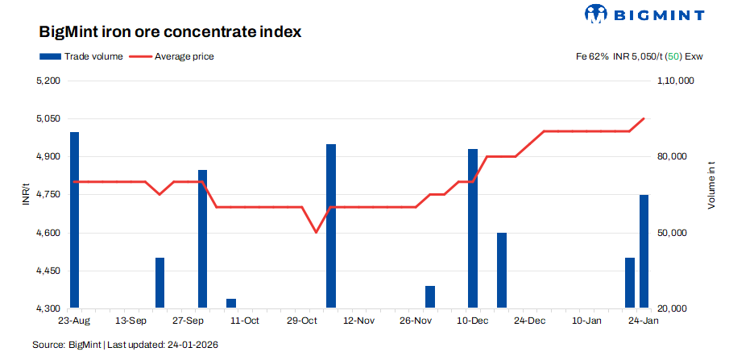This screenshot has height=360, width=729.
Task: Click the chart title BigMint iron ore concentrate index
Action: pyautogui.click(x=170, y=33)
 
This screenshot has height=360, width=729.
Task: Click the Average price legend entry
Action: pyautogui.click(x=172, y=56)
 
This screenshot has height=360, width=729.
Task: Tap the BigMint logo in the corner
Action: pyautogui.click(x=644, y=14)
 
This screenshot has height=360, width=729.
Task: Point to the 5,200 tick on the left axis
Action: pyautogui.click(x=49, y=81)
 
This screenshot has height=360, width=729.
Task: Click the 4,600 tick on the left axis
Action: pyautogui.click(x=49, y=233)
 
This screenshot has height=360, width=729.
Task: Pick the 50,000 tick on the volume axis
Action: pyautogui.click(x=677, y=233)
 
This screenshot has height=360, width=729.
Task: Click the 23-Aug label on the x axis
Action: pyautogui.click(x=74, y=321)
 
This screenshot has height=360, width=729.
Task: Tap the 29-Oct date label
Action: pyautogui.click(x=302, y=321)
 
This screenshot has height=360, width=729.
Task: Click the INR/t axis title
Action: pyautogui.click(x=26, y=195)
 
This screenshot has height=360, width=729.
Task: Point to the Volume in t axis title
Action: pyautogui.click(x=711, y=185)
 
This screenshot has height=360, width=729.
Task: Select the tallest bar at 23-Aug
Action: pyautogui.click(x=75, y=219)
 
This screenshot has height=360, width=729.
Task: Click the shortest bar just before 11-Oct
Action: pyautogui.click(x=231, y=304)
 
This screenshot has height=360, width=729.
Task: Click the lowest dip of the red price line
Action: pyautogui.click(x=316, y=233)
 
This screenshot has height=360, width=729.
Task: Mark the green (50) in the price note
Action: pyautogui.click(x=673, y=56)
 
